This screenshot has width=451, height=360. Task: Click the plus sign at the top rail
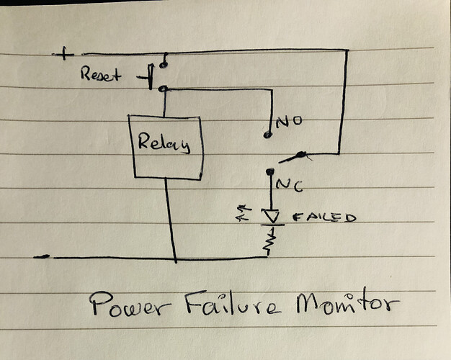point(66,53)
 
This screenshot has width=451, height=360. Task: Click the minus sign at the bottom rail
point(44,256)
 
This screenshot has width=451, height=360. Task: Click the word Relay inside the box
point(164,144)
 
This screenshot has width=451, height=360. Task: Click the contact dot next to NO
point(268,134)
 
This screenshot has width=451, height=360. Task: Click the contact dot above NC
point(269,171)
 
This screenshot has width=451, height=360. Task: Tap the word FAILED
point(324,217)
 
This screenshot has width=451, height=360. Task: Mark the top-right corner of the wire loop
point(348,50)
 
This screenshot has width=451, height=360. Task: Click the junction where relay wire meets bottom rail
point(175,258)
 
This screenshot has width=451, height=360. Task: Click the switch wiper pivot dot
point(303,154)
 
